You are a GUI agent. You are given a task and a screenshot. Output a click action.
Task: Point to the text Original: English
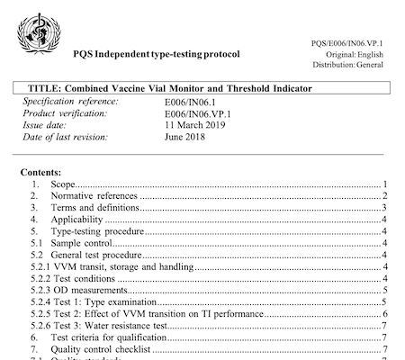pyautogui.click(x=358, y=53)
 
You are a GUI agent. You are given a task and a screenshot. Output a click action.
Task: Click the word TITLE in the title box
pyautogui.click(x=44, y=89)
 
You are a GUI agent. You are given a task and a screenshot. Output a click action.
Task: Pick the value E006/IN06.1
pyautogui.click(x=192, y=103)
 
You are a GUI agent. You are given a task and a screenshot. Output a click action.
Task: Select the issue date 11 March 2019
pyautogui.click(x=197, y=126)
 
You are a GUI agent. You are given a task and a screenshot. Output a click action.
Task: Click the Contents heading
pyautogui.click(x=45, y=170)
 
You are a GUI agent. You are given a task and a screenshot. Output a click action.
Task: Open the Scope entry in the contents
pyautogui.click(x=66, y=184)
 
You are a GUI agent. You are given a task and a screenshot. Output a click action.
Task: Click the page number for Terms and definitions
pyautogui.click(x=383, y=208)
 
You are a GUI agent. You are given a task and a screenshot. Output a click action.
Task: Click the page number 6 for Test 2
pyautogui.click(x=383, y=312)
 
